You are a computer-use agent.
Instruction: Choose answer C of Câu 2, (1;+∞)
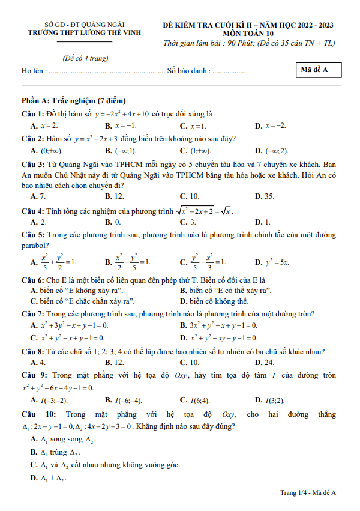click(x=195, y=150)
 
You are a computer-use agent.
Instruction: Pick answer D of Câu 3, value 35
click(x=264, y=196)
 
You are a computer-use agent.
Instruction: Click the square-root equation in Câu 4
click(x=204, y=211)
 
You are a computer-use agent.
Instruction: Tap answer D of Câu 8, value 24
click(x=265, y=362)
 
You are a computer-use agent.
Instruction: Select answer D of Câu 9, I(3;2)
click(x=269, y=399)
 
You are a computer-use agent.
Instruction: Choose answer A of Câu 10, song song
click(x=63, y=440)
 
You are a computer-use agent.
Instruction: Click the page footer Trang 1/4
click(x=308, y=493)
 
